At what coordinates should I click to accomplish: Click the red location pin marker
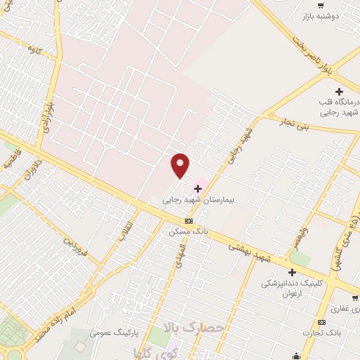pos(181,166)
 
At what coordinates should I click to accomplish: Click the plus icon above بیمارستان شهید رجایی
pos(198,188)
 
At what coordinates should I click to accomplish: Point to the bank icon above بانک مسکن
pos(188,220)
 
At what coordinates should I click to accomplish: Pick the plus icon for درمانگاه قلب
pos(340,91)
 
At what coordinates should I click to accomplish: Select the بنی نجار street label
pos(292,126)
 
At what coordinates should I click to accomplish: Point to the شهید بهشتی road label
pos(250,248)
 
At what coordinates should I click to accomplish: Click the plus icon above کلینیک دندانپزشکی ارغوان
pos(292,272)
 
